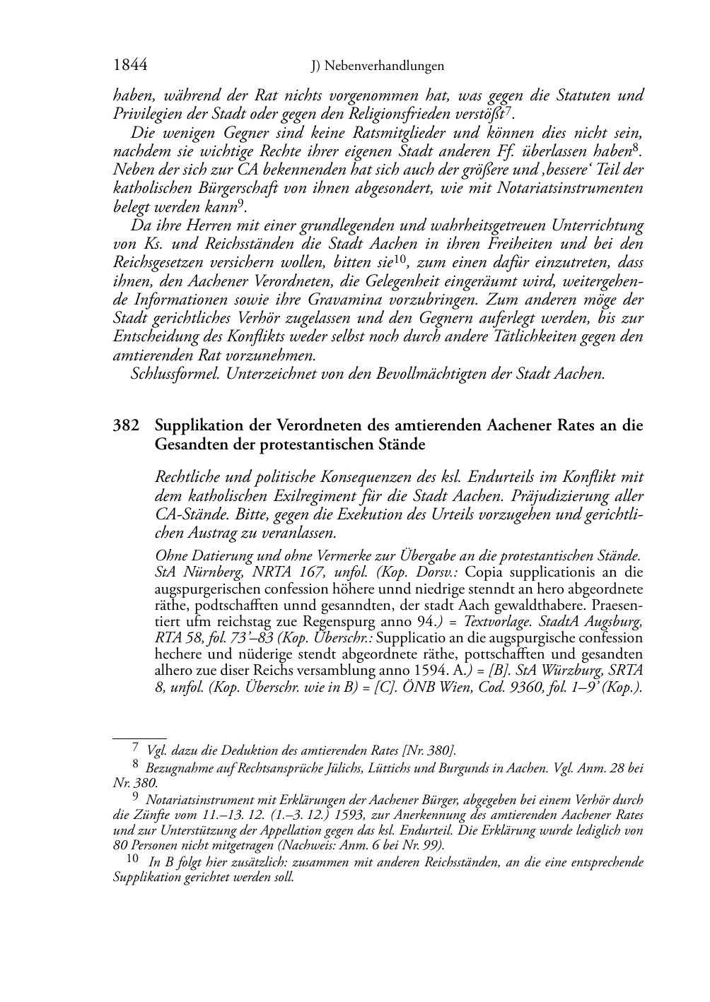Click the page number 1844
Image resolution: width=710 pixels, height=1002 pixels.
click(129, 66)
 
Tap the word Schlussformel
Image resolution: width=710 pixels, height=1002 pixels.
click(175, 374)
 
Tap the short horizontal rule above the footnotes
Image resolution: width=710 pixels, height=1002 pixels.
click(139, 737)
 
